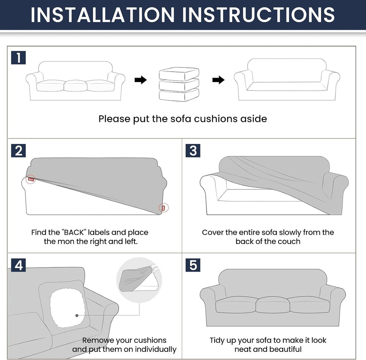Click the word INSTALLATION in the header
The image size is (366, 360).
click(x=103, y=15)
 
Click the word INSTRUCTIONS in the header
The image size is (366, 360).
click(x=259, y=15)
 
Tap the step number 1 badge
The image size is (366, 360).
click(x=18, y=57)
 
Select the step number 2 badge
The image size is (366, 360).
click(x=18, y=151)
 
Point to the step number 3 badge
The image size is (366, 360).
click(x=193, y=151)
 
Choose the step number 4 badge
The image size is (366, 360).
click(x=18, y=265)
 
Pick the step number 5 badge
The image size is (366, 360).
click(x=193, y=265)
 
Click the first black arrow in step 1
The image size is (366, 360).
click(x=141, y=80)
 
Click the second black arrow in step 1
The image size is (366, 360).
click(x=218, y=80)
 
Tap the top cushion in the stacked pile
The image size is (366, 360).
click(x=179, y=74)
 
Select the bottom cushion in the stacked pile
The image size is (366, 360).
click(x=179, y=95)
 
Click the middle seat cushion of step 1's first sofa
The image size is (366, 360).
click(x=75, y=86)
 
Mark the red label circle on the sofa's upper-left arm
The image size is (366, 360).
click(x=31, y=179)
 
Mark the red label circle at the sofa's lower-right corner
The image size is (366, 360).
click(x=163, y=207)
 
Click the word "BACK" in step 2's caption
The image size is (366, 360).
click(x=74, y=233)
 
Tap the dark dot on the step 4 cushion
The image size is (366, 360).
click(x=77, y=315)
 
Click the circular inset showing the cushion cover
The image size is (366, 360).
click(x=139, y=280)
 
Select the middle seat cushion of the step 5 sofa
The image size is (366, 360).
click(x=272, y=305)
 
